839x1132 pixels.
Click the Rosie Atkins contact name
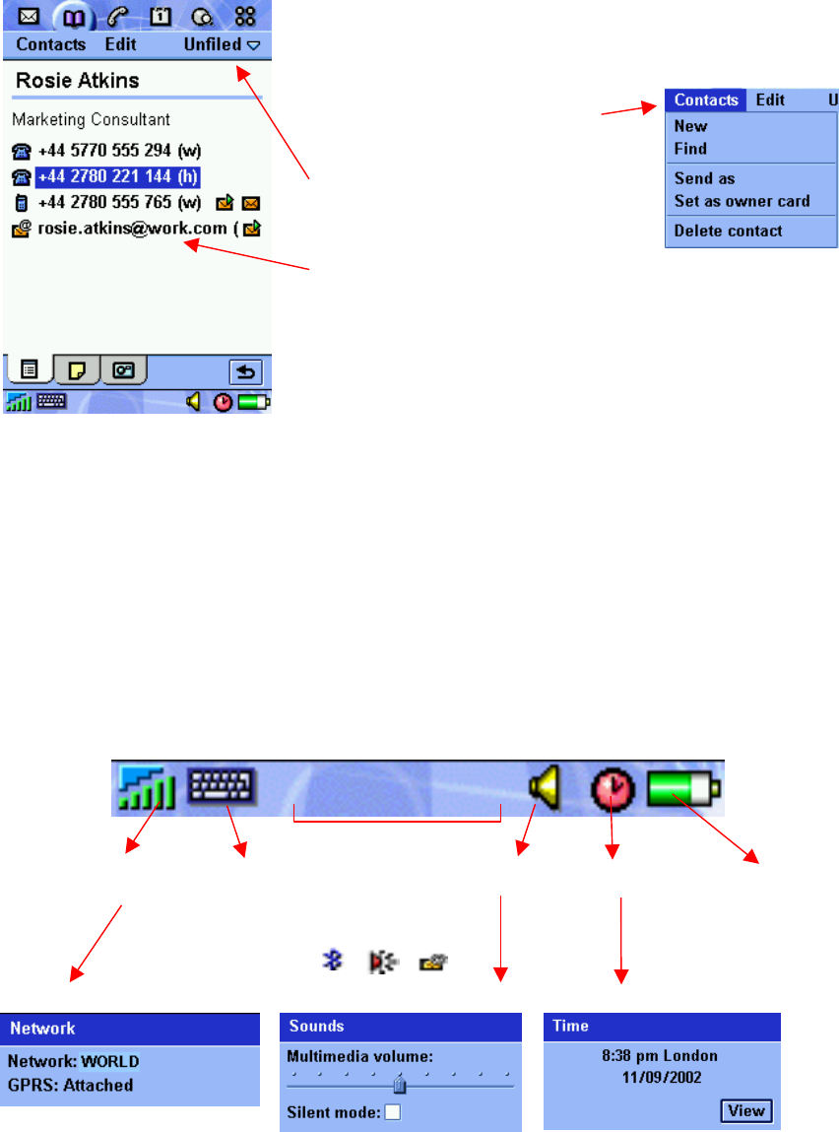pos(77,81)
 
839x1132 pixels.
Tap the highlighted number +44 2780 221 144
pos(117,177)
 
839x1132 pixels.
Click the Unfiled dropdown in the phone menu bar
pos(222,44)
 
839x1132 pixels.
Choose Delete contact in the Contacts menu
pos(728,232)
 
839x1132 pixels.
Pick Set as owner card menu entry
pos(742,201)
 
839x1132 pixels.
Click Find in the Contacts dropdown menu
pos(690,149)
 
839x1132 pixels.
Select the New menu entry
pos(690,126)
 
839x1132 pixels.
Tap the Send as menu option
pos(704,178)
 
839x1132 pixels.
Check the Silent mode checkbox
pos(394,1112)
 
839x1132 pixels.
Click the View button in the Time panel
pos(745,1110)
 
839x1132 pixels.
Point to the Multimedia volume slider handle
pos(400,1086)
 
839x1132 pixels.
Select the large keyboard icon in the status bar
pos(222,785)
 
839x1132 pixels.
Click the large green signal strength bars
pos(148,788)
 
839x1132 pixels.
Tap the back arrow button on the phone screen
pos(245,371)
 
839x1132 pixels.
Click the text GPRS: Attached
pos(71,1085)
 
